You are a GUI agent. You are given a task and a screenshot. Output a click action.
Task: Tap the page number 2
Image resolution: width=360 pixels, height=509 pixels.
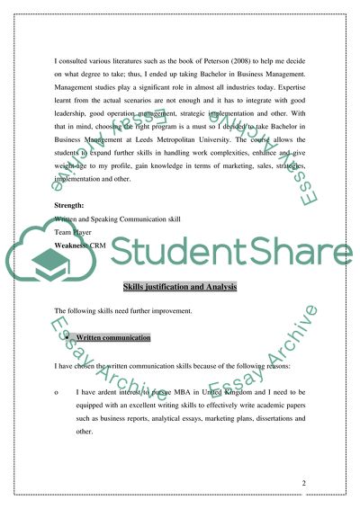pyautogui.click(x=304, y=484)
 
